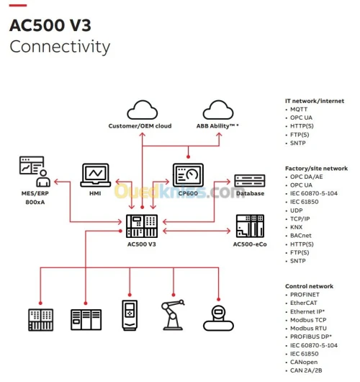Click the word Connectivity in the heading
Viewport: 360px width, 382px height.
(x=59, y=48)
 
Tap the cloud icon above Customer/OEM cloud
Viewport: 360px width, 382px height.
(x=143, y=110)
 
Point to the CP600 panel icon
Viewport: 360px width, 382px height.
(x=189, y=175)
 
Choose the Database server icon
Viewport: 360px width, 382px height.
(x=249, y=180)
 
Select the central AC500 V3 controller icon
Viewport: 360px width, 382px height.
(x=141, y=227)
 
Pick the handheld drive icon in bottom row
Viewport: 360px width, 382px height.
(x=129, y=313)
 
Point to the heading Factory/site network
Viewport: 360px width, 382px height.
(x=316, y=168)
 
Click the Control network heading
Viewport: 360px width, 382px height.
(x=309, y=286)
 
